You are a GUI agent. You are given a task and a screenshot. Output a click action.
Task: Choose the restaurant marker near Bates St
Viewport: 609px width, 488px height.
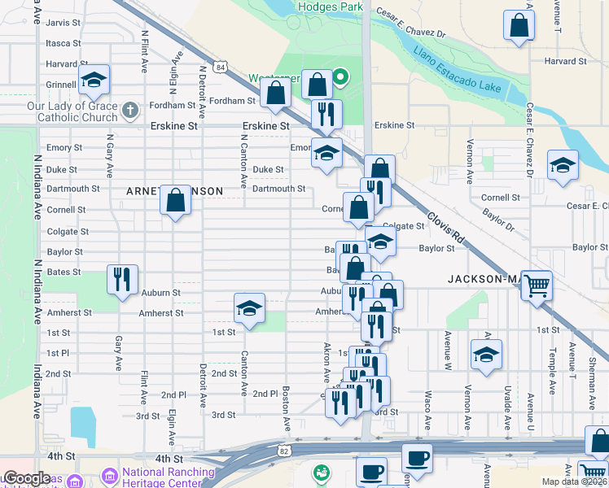pyautogui.click(x=121, y=279)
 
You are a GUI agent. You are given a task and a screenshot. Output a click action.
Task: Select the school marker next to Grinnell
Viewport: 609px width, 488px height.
pyautogui.click(x=94, y=80)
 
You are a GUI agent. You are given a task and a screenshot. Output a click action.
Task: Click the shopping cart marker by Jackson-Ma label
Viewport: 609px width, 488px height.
pyautogui.click(x=536, y=285)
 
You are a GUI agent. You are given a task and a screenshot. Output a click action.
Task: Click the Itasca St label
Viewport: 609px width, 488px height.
pyautogui.click(x=64, y=43)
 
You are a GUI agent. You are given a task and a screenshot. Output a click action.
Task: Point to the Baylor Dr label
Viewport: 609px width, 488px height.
pyautogui.click(x=497, y=217)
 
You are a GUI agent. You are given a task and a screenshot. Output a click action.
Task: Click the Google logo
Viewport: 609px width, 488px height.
pyautogui.click(x=27, y=478)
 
